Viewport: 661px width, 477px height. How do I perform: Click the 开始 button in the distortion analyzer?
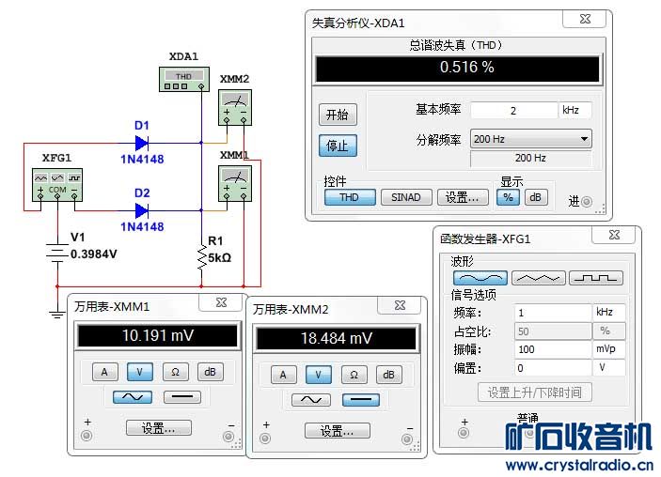tap(336, 115)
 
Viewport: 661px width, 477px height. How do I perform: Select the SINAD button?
tap(406, 197)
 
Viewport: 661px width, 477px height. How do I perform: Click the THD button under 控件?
tap(349, 197)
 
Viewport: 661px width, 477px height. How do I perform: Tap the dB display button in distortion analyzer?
tap(535, 197)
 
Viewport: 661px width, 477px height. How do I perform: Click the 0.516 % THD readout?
tap(457, 68)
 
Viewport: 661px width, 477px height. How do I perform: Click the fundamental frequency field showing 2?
tap(513, 110)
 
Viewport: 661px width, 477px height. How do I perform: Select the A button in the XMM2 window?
tap(283, 375)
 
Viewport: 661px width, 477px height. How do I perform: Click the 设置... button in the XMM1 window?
tap(158, 428)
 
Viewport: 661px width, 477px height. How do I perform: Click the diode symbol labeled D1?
tap(142, 143)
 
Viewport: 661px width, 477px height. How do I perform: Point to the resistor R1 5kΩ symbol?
tap(201, 256)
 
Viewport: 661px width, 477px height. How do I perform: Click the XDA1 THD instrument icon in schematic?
tap(183, 80)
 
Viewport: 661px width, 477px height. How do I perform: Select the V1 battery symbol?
tap(57, 254)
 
